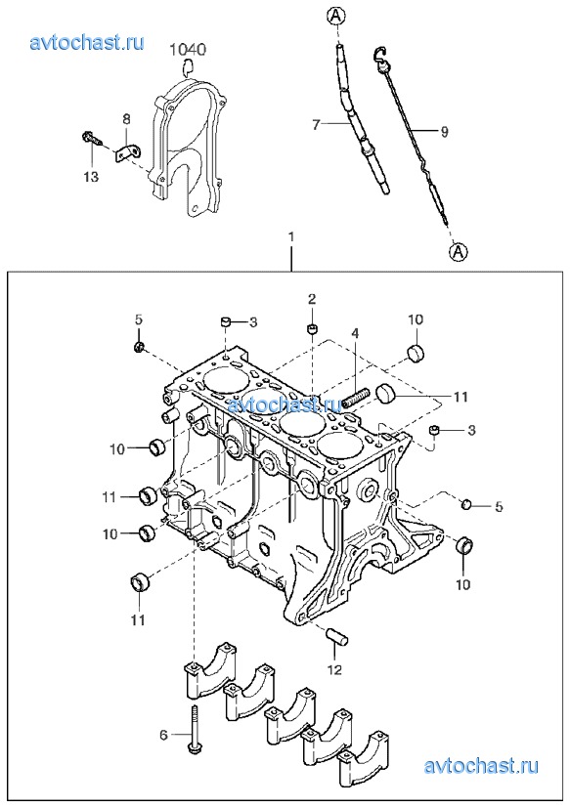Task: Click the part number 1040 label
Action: pyautogui.click(x=189, y=50)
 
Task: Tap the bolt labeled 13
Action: pyautogui.click(x=92, y=138)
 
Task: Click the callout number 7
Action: pyautogui.click(x=317, y=124)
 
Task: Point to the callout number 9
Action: pyautogui.click(x=444, y=131)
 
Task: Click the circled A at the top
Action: pyautogui.click(x=335, y=16)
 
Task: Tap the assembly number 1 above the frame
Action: pyautogui.click(x=291, y=237)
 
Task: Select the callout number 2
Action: pyautogui.click(x=312, y=299)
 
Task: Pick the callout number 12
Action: pyautogui.click(x=334, y=669)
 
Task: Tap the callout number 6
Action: pyautogui.click(x=163, y=735)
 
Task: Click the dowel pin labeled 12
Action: pyautogui.click(x=338, y=636)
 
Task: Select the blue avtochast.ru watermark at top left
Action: pyautogui.click(x=87, y=42)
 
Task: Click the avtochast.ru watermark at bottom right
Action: pyautogui.click(x=481, y=766)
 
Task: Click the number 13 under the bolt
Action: pyautogui.click(x=91, y=177)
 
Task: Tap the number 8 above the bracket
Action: pyautogui.click(x=126, y=119)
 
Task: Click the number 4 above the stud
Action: pyautogui.click(x=355, y=334)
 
